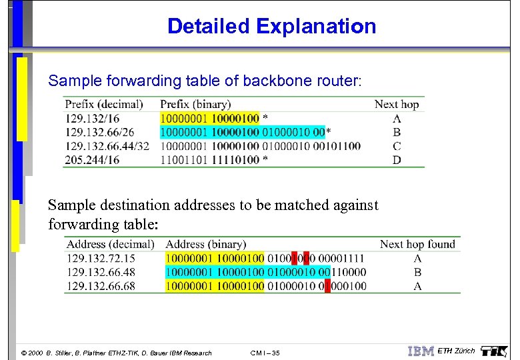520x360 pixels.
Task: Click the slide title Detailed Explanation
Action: tap(271, 27)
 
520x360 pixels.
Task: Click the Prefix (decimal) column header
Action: tap(103, 104)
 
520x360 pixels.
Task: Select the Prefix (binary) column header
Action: tap(195, 104)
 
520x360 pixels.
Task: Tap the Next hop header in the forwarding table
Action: tap(397, 104)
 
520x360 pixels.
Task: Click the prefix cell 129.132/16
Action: tap(91, 118)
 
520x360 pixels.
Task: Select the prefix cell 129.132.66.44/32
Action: tap(107, 146)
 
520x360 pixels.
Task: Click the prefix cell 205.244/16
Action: tap(91, 160)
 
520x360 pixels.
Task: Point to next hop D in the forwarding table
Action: tap(397, 160)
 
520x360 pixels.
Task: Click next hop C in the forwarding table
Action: tap(397, 146)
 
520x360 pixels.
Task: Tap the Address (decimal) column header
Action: tap(110, 244)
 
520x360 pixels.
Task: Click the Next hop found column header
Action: tap(417, 244)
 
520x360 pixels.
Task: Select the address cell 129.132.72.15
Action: tap(101, 258)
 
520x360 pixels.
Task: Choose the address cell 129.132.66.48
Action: tap(101, 272)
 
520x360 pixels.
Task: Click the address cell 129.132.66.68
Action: tap(101, 286)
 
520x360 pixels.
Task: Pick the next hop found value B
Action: tap(417, 272)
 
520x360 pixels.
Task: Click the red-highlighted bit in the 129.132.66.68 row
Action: tap(327, 286)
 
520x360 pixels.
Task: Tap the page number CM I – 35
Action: tap(265, 353)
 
